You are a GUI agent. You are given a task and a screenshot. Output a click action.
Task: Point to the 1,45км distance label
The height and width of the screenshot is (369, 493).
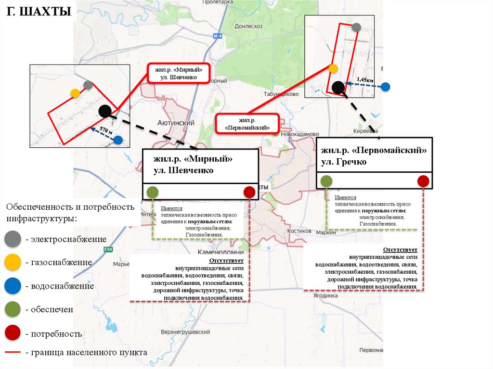(x=364, y=79)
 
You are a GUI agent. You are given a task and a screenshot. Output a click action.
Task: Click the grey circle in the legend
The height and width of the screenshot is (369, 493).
(x=13, y=239)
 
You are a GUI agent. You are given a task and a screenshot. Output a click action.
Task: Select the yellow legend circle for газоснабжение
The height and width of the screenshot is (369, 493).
(x=13, y=262)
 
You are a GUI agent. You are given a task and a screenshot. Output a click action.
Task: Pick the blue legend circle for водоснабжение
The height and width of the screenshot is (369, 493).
(x=13, y=286)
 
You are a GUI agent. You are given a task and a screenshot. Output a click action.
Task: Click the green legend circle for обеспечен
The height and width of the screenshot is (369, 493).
(x=13, y=310)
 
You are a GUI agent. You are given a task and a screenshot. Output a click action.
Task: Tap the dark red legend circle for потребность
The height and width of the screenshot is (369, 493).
(x=13, y=333)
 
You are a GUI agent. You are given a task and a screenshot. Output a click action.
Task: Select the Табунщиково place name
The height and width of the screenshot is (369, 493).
(x=282, y=95)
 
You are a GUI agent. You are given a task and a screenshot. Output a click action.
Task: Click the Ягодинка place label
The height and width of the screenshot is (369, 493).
(x=324, y=296)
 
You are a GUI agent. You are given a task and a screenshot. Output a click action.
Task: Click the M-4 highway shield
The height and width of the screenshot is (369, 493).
(x=218, y=37)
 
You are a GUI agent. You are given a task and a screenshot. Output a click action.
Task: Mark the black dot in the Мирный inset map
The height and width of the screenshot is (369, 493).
(x=104, y=111)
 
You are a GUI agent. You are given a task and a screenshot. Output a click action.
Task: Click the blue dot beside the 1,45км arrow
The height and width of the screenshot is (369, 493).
(x=385, y=87)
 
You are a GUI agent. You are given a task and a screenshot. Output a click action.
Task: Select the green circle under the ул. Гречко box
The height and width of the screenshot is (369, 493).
(x=326, y=181)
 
